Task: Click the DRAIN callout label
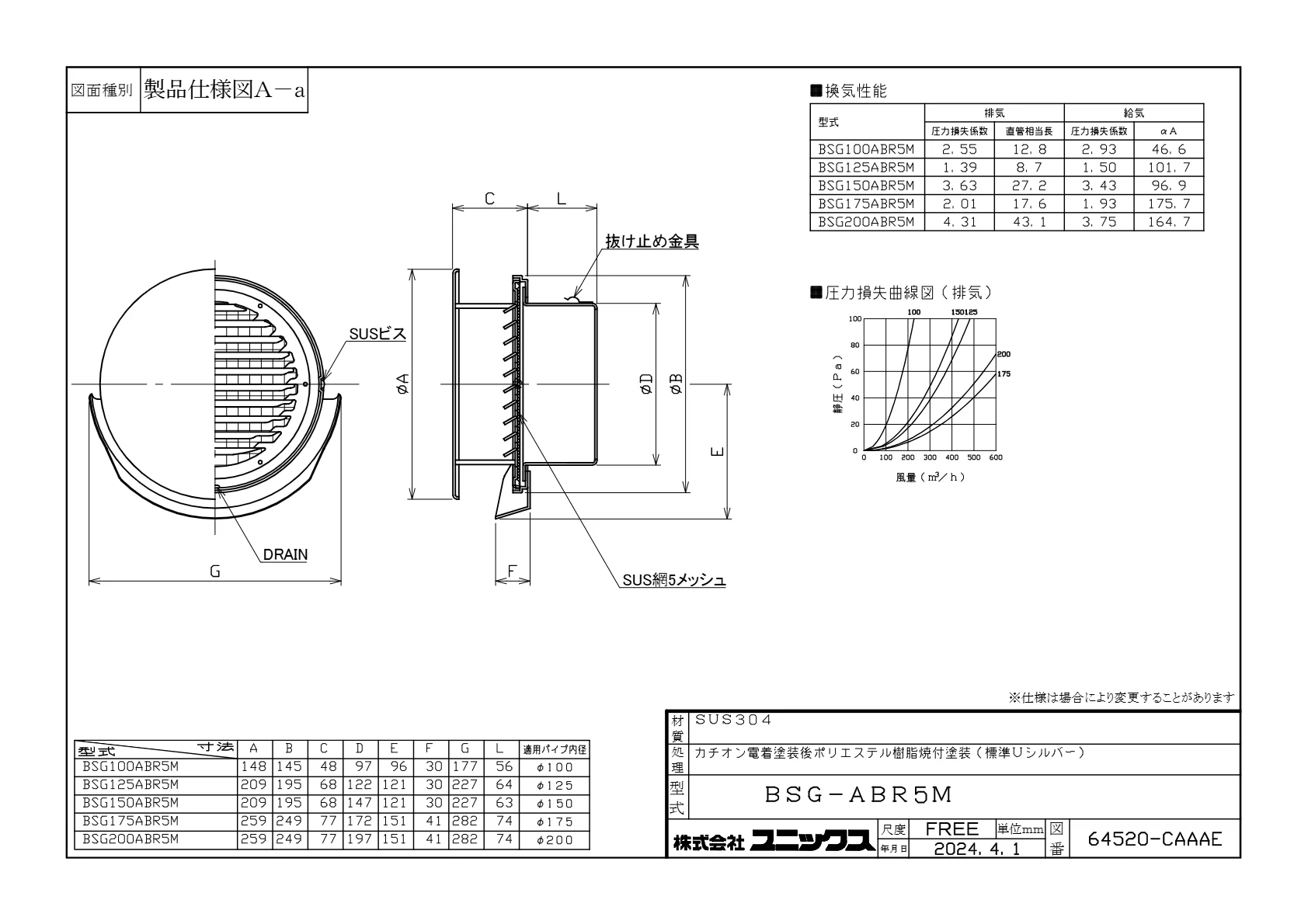(285, 554)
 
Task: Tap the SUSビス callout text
(377, 334)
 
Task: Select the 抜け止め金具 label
(652, 241)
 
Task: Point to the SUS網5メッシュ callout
(674, 580)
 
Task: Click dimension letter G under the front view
(215, 571)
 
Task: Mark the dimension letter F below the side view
(512, 571)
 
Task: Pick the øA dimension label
(402, 384)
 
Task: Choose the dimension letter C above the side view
(490, 199)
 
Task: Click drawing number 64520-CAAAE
(1154, 839)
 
